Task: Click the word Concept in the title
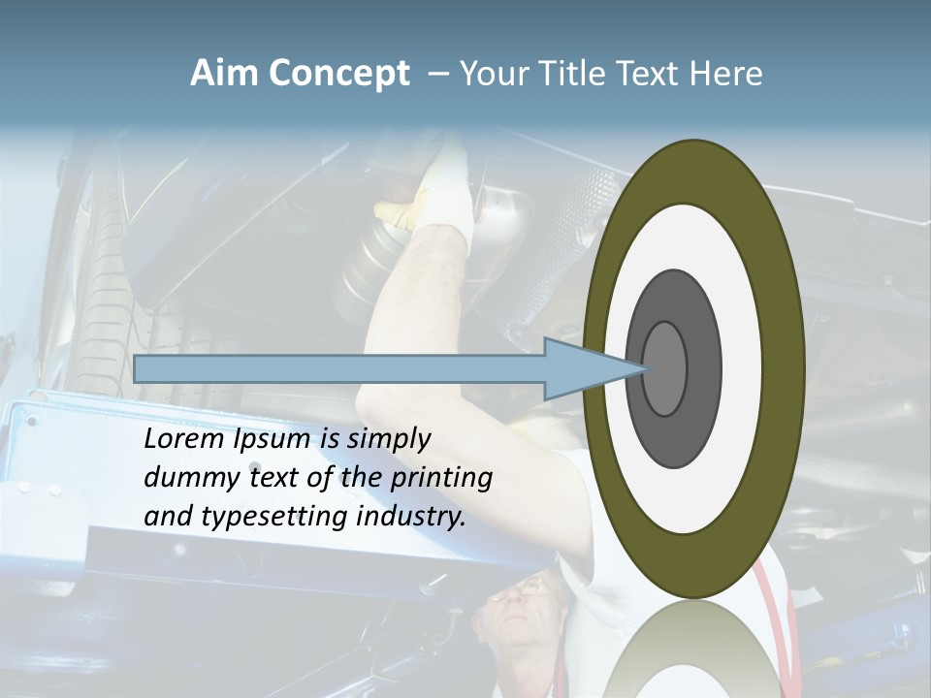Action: [x=337, y=74]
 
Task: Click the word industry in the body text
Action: [x=411, y=517]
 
